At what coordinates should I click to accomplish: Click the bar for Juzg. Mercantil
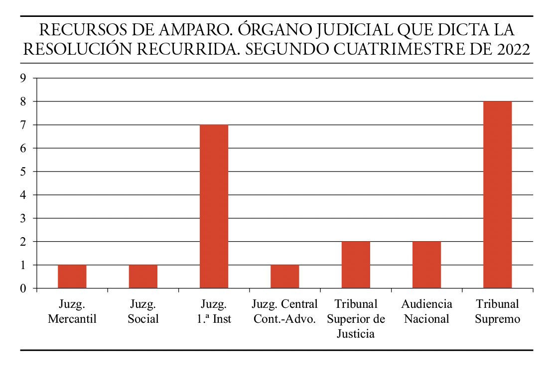click(72, 276)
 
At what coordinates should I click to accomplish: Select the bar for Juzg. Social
click(143, 276)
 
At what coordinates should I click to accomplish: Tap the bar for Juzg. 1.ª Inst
click(214, 206)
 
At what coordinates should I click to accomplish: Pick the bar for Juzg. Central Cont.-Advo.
click(285, 276)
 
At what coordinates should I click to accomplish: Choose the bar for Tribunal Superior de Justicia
click(356, 265)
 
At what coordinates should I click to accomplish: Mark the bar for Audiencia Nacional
click(426, 265)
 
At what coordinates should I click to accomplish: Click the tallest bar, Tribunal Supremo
click(497, 194)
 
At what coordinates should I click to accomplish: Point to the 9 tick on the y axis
click(23, 78)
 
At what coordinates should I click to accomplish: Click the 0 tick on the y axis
click(23, 288)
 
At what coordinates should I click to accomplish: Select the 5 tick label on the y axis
click(23, 172)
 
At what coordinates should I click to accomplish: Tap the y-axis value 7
click(23, 125)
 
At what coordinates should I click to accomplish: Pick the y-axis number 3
click(23, 218)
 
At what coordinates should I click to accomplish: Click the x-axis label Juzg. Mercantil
click(72, 311)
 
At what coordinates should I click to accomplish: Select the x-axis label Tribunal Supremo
click(497, 311)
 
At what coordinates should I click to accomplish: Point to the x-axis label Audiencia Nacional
click(426, 311)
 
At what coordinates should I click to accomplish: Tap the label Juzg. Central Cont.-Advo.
click(285, 311)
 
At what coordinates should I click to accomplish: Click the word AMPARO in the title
click(187, 30)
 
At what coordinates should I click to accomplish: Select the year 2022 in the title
click(513, 50)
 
